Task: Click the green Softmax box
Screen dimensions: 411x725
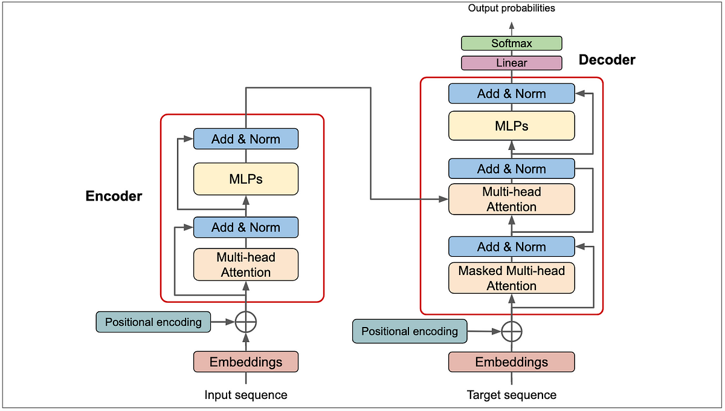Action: pyautogui.click(x=511, y=44)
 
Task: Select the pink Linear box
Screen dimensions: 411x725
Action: pyautogui.click(x=511, y=63)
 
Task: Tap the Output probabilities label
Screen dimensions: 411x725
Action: pyautogui.click(x=511, y=8)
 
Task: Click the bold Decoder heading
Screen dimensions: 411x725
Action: pyautogui.click(x=607, y=60)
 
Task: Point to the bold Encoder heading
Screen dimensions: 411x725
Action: pyautogui.click(x=114, y=196)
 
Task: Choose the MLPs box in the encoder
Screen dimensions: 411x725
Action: pyautogui.click(x=245, y=179)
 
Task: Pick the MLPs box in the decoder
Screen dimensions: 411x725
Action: pyautogui.click(x=511, y=126)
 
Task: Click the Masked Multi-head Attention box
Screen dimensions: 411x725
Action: pyautogui.click(x=511, y=278)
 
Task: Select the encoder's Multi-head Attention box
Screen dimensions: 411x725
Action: pyautogui.click(x=245, y=265)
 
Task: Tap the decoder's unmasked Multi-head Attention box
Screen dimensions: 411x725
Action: pyautogui.click(x=511, y=199)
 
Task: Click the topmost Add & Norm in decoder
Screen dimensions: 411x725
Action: pyautogui.click(x=511, y=94)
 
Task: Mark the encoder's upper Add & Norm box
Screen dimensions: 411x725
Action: pyautogui.click(x=245, y=139)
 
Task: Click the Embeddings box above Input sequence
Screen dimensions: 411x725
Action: pyautogui.click(x=245, y=362)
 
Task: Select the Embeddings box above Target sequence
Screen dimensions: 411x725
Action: pyautogui.click(x=511, y=362)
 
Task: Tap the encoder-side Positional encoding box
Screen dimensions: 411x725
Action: pyautogui.click(x=153, y=322)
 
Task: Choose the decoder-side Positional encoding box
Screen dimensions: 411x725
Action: pyautogui.click(x=409, y=331)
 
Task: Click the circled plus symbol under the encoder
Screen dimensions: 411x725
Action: pyautogui.click(x=245, y=322)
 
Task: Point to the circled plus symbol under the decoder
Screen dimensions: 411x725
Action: pyautogui.click(x=511, y=331)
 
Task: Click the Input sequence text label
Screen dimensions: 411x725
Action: pyautogui.click(x=245, y=395)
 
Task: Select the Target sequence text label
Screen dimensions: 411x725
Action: pyautogui.click(x=511, y=395)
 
